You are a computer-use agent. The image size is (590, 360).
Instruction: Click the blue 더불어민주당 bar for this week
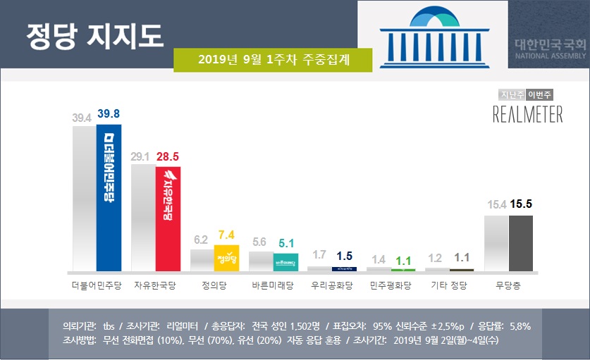(x=109, y=198)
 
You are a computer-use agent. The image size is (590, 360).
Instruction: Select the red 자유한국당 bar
(x=168, y=218)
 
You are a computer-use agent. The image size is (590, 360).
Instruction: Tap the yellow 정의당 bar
(x=227, y=257)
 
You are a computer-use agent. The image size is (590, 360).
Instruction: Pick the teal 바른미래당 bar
(x=285, y=262)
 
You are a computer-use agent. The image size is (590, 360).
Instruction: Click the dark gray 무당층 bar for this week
(x=520, y=243)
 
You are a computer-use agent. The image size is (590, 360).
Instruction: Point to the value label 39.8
(x=109, y=114)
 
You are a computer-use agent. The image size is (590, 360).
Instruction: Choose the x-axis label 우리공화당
(x=332, y=287)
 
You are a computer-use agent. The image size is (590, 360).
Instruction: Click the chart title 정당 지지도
(x=94, y=35)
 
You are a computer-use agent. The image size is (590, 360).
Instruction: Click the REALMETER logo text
(x=527, y=115)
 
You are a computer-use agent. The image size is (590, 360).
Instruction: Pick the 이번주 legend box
(x=540, y=94)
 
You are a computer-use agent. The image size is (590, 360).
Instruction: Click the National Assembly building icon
(x=432, y=35)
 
